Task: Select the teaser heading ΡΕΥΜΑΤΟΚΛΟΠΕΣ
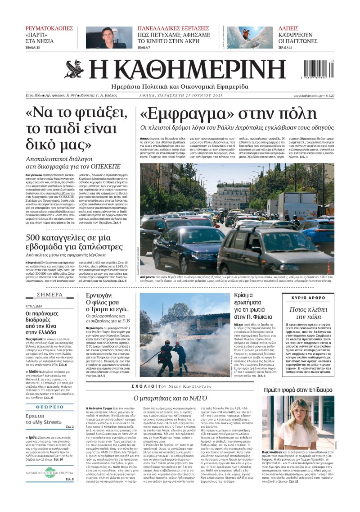(49, 28)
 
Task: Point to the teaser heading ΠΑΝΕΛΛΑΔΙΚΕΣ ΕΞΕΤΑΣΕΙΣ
(174, 28)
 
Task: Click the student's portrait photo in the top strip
(106, 37)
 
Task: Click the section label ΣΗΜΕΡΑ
(49, 295)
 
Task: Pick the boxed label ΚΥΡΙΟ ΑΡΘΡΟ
(308, 298)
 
